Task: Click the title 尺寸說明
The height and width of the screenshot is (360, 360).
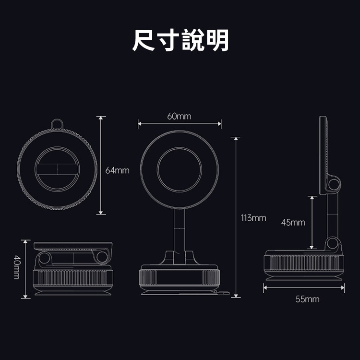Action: click(180, 41)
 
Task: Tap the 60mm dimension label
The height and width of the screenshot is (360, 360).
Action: click(179, 116)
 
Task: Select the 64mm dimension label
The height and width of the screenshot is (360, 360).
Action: click(118, 170)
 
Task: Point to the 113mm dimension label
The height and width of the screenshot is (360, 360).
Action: click(253, 218)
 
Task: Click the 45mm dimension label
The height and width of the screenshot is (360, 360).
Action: click(293, 222)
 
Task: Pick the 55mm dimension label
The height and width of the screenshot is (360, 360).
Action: click(307, 299)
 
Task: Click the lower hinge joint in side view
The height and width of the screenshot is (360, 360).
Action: click(333, 244)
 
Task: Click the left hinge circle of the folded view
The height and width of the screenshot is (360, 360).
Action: click(45, 258)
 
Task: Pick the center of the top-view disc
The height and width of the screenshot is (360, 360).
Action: click(57, 169)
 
